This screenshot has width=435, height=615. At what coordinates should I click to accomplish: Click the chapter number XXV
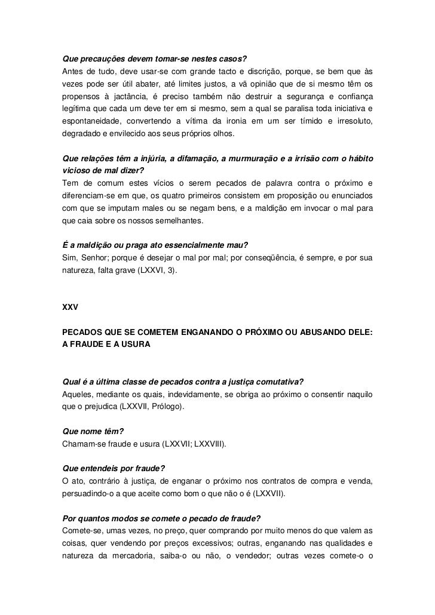(x=71, y=307)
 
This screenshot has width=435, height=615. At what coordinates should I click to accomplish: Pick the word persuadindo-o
(x=91, y=494)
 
